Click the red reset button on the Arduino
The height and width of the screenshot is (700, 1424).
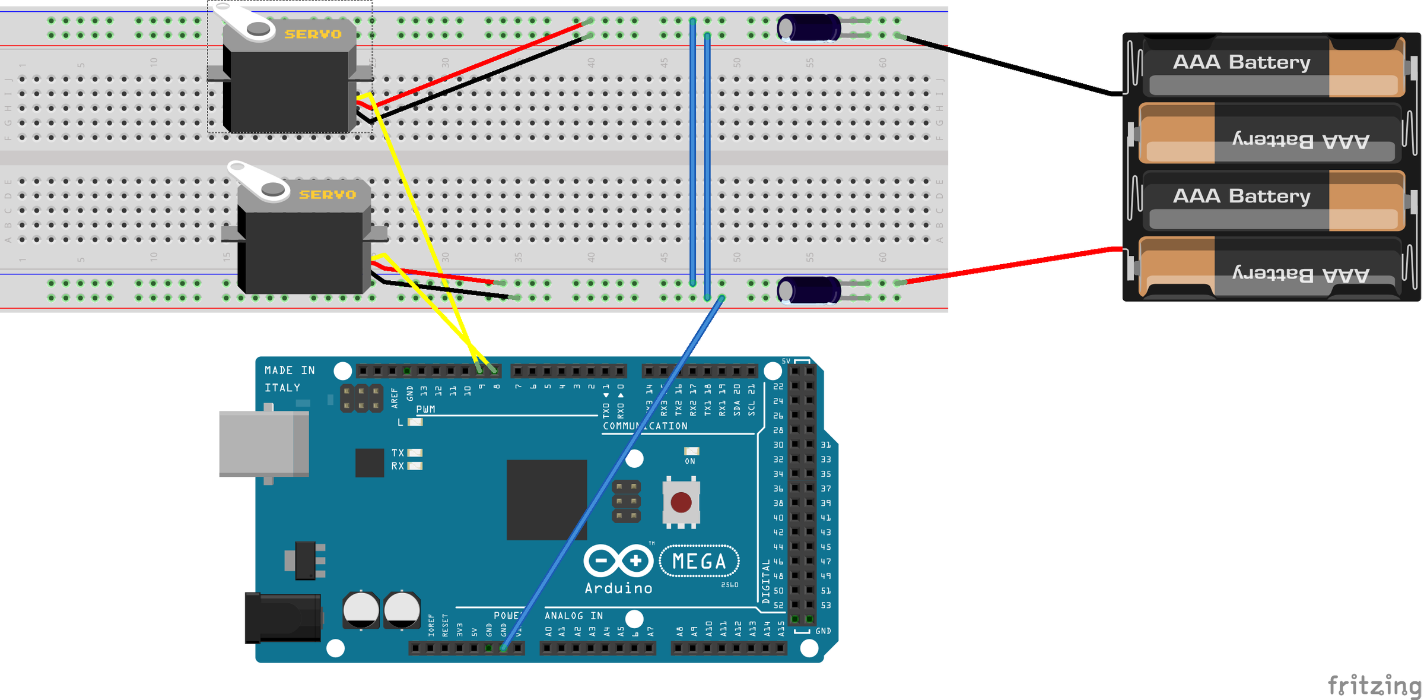(681, 502)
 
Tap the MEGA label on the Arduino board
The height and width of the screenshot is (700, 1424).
(699, 561)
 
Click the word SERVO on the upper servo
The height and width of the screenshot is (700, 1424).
(313, 34)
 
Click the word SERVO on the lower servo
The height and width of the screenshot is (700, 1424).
(327, 195)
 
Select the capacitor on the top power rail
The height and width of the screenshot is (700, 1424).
(808, 28)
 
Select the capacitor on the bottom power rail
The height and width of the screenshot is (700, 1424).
(808, 290)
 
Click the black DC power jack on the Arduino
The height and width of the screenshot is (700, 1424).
(283, 617)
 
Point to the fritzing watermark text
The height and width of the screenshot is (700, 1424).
(1373, 685)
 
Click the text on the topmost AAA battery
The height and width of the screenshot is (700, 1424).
(1241, 62)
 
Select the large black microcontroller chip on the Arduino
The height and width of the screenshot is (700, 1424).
(546, 499)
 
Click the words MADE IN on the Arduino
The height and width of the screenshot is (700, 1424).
(290, 370)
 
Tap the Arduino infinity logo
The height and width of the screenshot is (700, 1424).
(618, 560)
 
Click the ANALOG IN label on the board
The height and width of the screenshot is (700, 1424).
(573, 616)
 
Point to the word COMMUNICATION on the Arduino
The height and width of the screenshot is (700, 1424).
(644, 426)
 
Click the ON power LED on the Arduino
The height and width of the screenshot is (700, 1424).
(691, 452)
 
